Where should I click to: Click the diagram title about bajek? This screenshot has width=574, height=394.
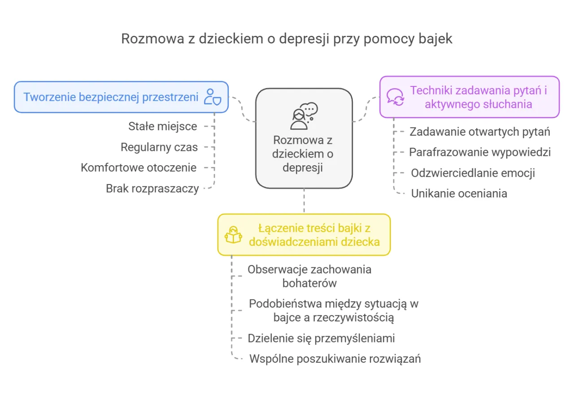pos(287,39)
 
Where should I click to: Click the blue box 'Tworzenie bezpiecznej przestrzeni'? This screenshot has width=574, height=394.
pos(111,97)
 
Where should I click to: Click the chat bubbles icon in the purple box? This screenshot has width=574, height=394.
pos(396,97)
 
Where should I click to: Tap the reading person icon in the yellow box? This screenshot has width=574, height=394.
pos(234,235)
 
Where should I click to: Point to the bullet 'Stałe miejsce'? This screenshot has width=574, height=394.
pos(163,126)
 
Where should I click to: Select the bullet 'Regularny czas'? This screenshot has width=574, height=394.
pos(159,147)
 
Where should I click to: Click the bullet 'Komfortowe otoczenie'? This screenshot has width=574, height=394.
pos(139,167)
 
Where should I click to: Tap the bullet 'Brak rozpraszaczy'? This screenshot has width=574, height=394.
pos(152,188)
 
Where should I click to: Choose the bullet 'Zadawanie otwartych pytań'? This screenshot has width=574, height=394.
pos(480,132)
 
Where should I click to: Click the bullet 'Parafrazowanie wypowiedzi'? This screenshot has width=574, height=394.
pos(480,152)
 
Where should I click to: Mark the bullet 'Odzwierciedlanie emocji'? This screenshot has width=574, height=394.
pos(473,173)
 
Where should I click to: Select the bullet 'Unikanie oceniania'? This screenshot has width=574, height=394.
pos(459,193)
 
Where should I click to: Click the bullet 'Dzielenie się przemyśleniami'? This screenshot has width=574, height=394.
pos(321,338)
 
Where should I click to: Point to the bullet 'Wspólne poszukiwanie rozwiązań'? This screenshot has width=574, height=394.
pos(335,359)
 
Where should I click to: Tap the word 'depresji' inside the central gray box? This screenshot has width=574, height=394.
pos(304,168)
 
